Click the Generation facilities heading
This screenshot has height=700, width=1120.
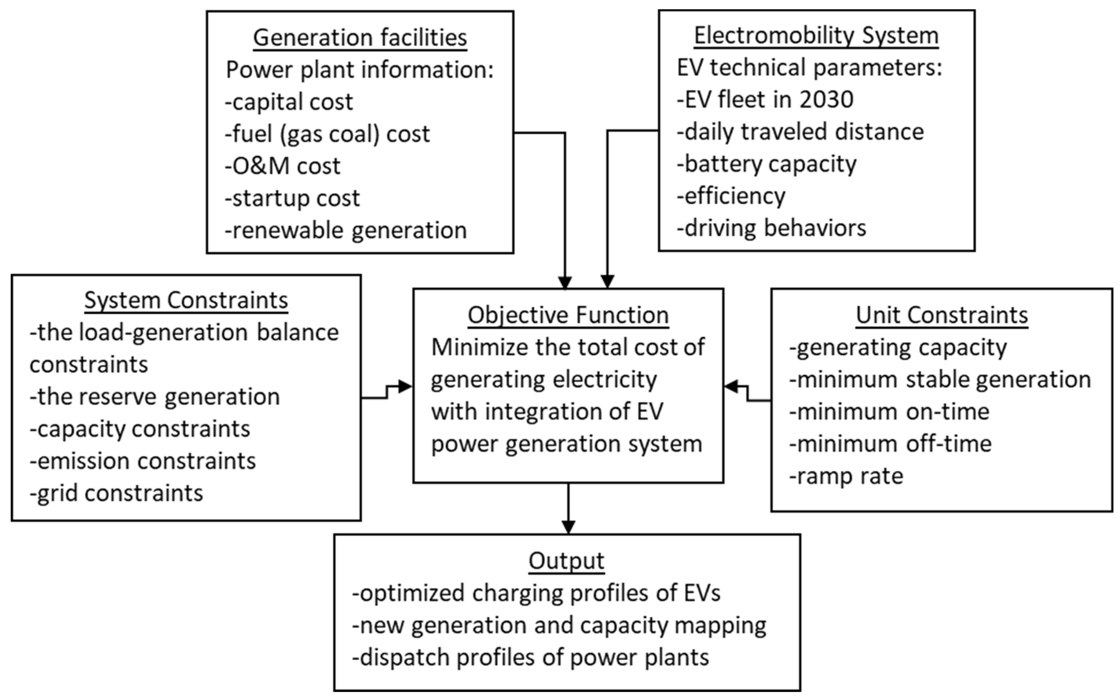pos(360,38)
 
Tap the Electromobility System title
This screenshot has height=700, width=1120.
pos(816,35)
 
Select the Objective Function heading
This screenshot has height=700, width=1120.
pos(568,315)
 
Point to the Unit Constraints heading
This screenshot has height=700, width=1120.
pos(941,315)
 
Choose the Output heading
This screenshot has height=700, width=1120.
pos(566,561)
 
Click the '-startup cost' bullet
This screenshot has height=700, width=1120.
pos(292,198)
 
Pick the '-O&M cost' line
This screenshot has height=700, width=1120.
pos(282,166)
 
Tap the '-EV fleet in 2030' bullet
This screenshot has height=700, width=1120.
pos(765,99)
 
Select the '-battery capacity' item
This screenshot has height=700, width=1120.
pos(766,164)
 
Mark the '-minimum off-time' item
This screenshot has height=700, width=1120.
pos(890,444)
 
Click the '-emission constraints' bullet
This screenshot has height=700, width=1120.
pos(143,461)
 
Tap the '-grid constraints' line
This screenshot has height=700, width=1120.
pos(116,493)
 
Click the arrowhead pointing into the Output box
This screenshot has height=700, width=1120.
pos(568,527)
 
